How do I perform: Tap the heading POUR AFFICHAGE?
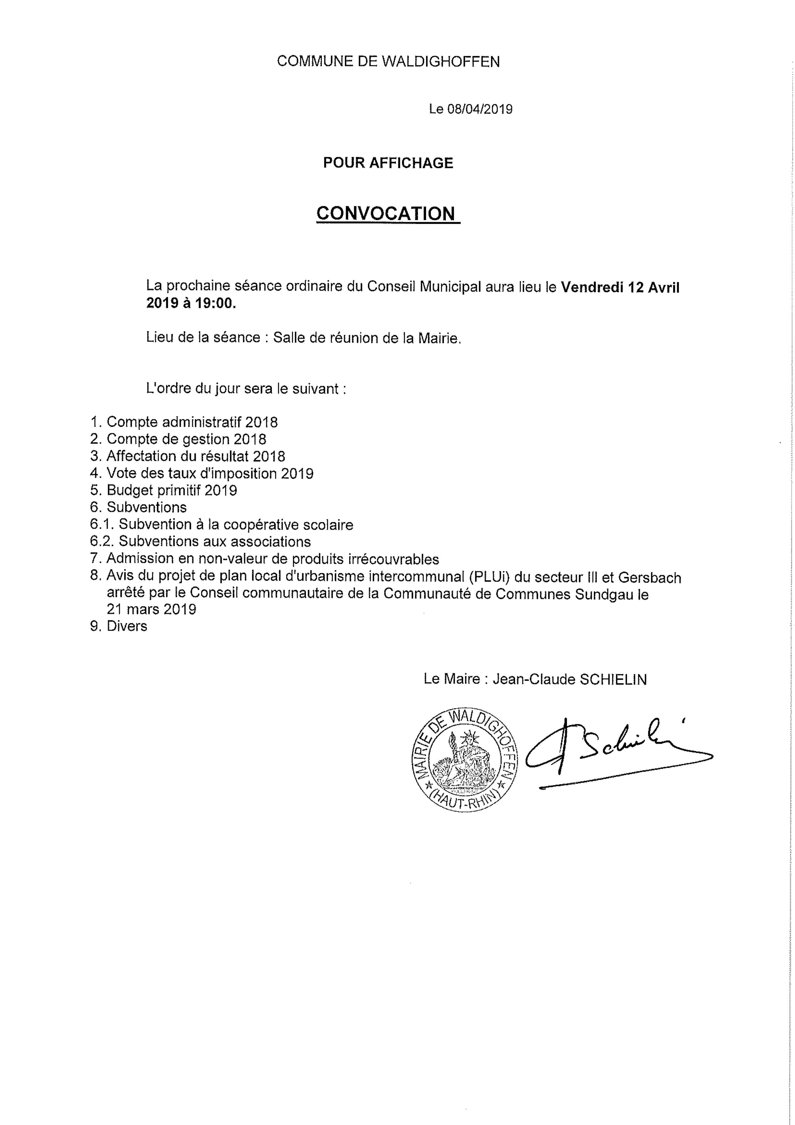388,163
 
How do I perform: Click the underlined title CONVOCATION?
385,214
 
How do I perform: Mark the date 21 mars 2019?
151,609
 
